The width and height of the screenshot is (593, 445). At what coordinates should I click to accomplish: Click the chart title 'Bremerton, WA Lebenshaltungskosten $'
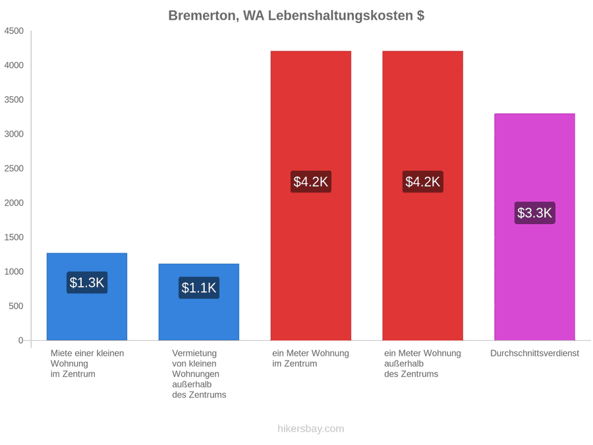pos(296,16)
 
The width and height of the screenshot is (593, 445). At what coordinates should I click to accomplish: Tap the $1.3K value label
pos(87,282)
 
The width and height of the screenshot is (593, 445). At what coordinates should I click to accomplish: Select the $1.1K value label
pos(199,287)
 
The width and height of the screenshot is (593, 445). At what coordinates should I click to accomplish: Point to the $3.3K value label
pos(535,213)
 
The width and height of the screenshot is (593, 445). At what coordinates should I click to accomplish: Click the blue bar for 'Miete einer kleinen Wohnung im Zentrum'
pos(87,297)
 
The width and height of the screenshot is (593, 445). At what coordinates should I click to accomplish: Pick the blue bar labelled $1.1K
pos(199,302)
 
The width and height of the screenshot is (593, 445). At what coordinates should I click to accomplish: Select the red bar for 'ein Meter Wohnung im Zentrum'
pos(311,196)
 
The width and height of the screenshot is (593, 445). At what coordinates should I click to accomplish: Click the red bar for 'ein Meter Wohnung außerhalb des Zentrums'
pos(423,196)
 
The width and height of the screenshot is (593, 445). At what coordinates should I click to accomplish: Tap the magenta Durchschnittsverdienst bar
pos(535,227)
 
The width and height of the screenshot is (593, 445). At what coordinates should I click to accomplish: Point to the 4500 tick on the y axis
pos(14,31)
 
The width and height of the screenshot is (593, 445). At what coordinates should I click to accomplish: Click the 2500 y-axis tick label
pos(14,168)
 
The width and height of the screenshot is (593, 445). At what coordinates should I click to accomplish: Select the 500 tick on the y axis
pos(16,306)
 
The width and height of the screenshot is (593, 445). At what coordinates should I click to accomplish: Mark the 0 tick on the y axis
pos(21,341)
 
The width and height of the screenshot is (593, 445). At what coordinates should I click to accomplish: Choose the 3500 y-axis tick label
pos(14,100)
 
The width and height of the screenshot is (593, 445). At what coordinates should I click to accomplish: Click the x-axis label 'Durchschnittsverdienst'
pos(535,353)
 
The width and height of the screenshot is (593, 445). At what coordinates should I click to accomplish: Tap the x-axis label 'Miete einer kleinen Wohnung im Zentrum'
pos(88,364)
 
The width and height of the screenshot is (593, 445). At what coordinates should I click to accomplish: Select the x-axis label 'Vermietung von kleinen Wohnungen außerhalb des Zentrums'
pos(199,374)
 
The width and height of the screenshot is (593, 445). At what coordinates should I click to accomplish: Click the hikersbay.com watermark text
pos(311,429)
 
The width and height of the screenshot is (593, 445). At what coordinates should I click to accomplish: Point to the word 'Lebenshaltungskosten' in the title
pos(341,16)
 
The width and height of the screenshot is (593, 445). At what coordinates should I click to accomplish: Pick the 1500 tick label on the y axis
pos(14,237)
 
